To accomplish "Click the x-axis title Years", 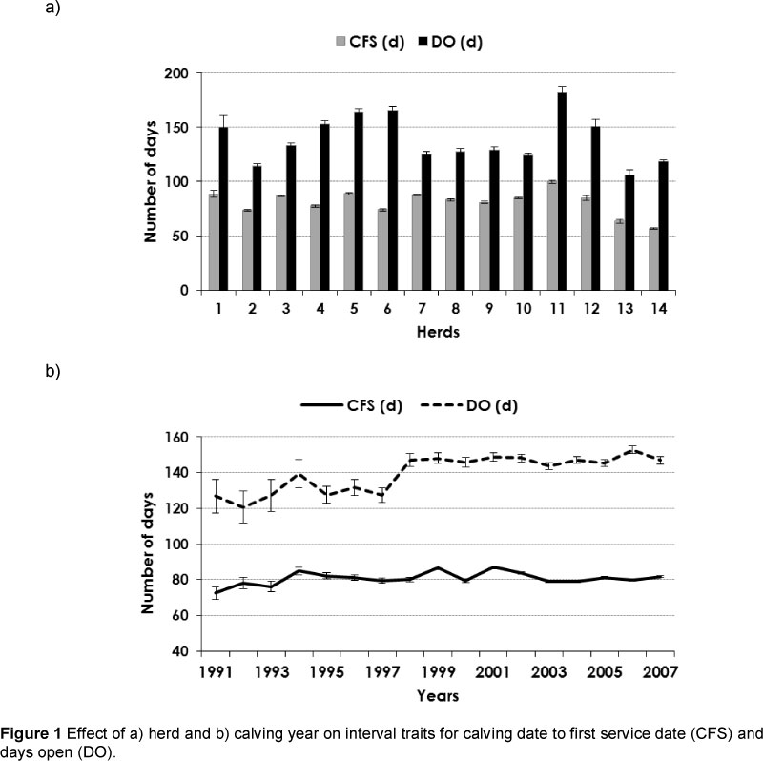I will tap(439, 695).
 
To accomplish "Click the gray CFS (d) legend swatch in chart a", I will tap(342, 42).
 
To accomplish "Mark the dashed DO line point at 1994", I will tap(299, 474).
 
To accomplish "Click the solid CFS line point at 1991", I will tap(216, 592).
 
